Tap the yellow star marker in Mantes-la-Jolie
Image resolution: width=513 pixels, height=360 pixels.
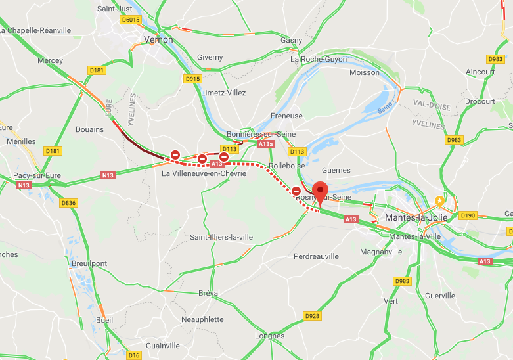[439, 200]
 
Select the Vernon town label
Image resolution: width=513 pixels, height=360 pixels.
[158, 39]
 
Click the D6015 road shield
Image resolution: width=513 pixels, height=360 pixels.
[131, 20]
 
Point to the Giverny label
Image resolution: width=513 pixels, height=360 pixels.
[210, 57]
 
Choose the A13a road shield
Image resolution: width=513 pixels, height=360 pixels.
[266, 143]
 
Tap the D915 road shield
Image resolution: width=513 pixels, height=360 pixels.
[192, 79]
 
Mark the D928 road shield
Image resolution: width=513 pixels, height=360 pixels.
[313, 316]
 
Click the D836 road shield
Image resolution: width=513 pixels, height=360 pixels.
[69, 203]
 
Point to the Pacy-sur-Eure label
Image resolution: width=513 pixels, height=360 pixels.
[37, 175]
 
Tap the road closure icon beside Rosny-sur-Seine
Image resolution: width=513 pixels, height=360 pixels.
[297, 191]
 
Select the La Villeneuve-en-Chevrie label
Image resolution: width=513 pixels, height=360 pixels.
[204, 173]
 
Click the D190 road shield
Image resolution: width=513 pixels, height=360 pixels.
[468, 215]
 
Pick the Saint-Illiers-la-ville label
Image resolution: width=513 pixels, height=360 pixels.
[221, 237]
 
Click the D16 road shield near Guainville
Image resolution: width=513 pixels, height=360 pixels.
[134, 355]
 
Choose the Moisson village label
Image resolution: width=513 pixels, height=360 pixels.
[365, 72]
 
